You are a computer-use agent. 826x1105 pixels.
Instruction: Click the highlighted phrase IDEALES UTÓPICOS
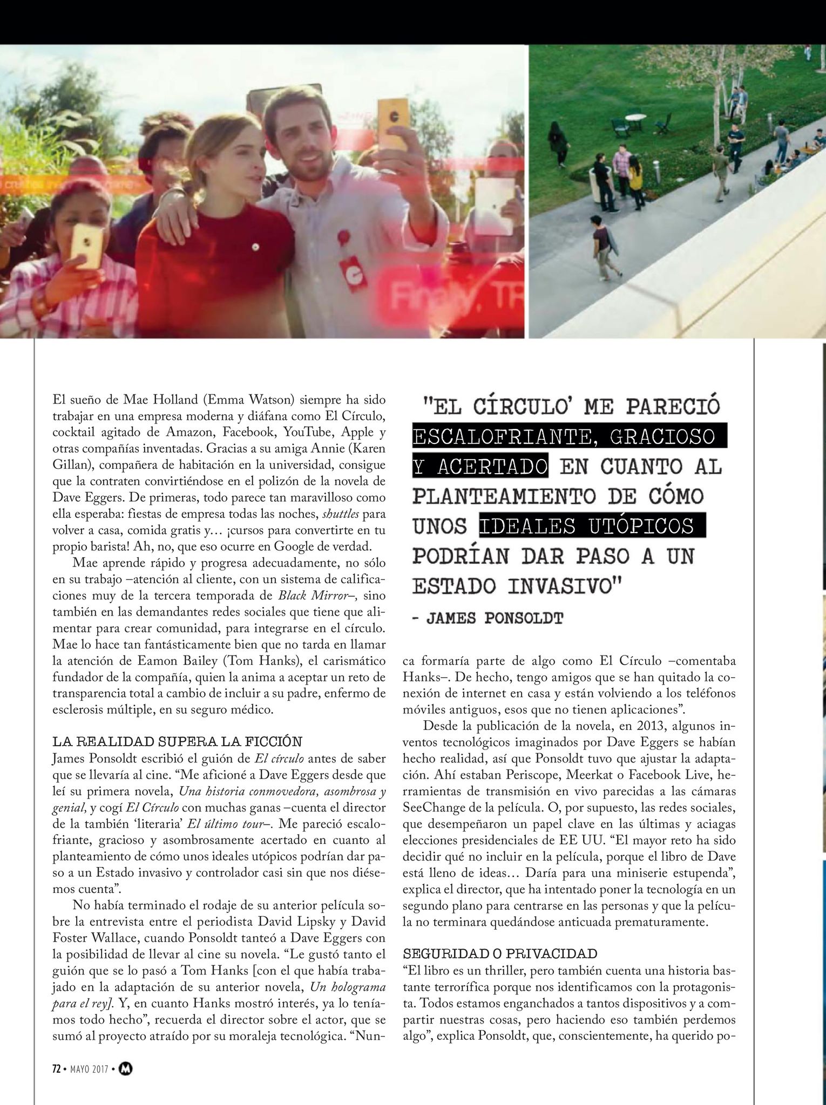592,526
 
